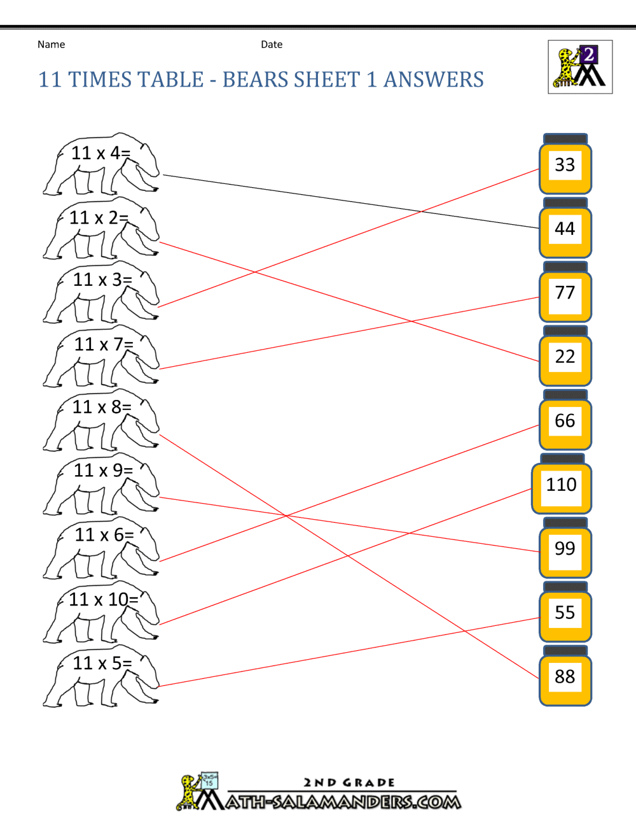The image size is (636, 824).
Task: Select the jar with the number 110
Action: [x=562, y=485]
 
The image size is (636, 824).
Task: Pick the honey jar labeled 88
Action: [x=565, y=677]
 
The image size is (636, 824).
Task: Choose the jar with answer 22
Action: [x=565, y=357]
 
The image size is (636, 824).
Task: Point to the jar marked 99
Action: [x=565, y=549]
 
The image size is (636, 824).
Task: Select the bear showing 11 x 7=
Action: [x=100, y=357]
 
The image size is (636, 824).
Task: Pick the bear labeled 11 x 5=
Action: [x=100, y=676]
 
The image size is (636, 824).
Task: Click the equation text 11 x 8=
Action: [x=102, y=407]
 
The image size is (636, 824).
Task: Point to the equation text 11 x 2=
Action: [x=99, y=218]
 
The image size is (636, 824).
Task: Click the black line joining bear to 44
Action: [x=350, y=201]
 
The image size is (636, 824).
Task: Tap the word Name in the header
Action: [x=51, y=45]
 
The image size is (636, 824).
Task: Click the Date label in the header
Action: [x=272, y=45]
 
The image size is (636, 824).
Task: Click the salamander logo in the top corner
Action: [x=580, y=67]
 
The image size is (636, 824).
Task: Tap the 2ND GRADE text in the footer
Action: [x=349, y=783]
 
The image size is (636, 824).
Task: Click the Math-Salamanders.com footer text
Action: [x=343, y=802]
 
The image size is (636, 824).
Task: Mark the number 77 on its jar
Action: [x=565, y=293]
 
